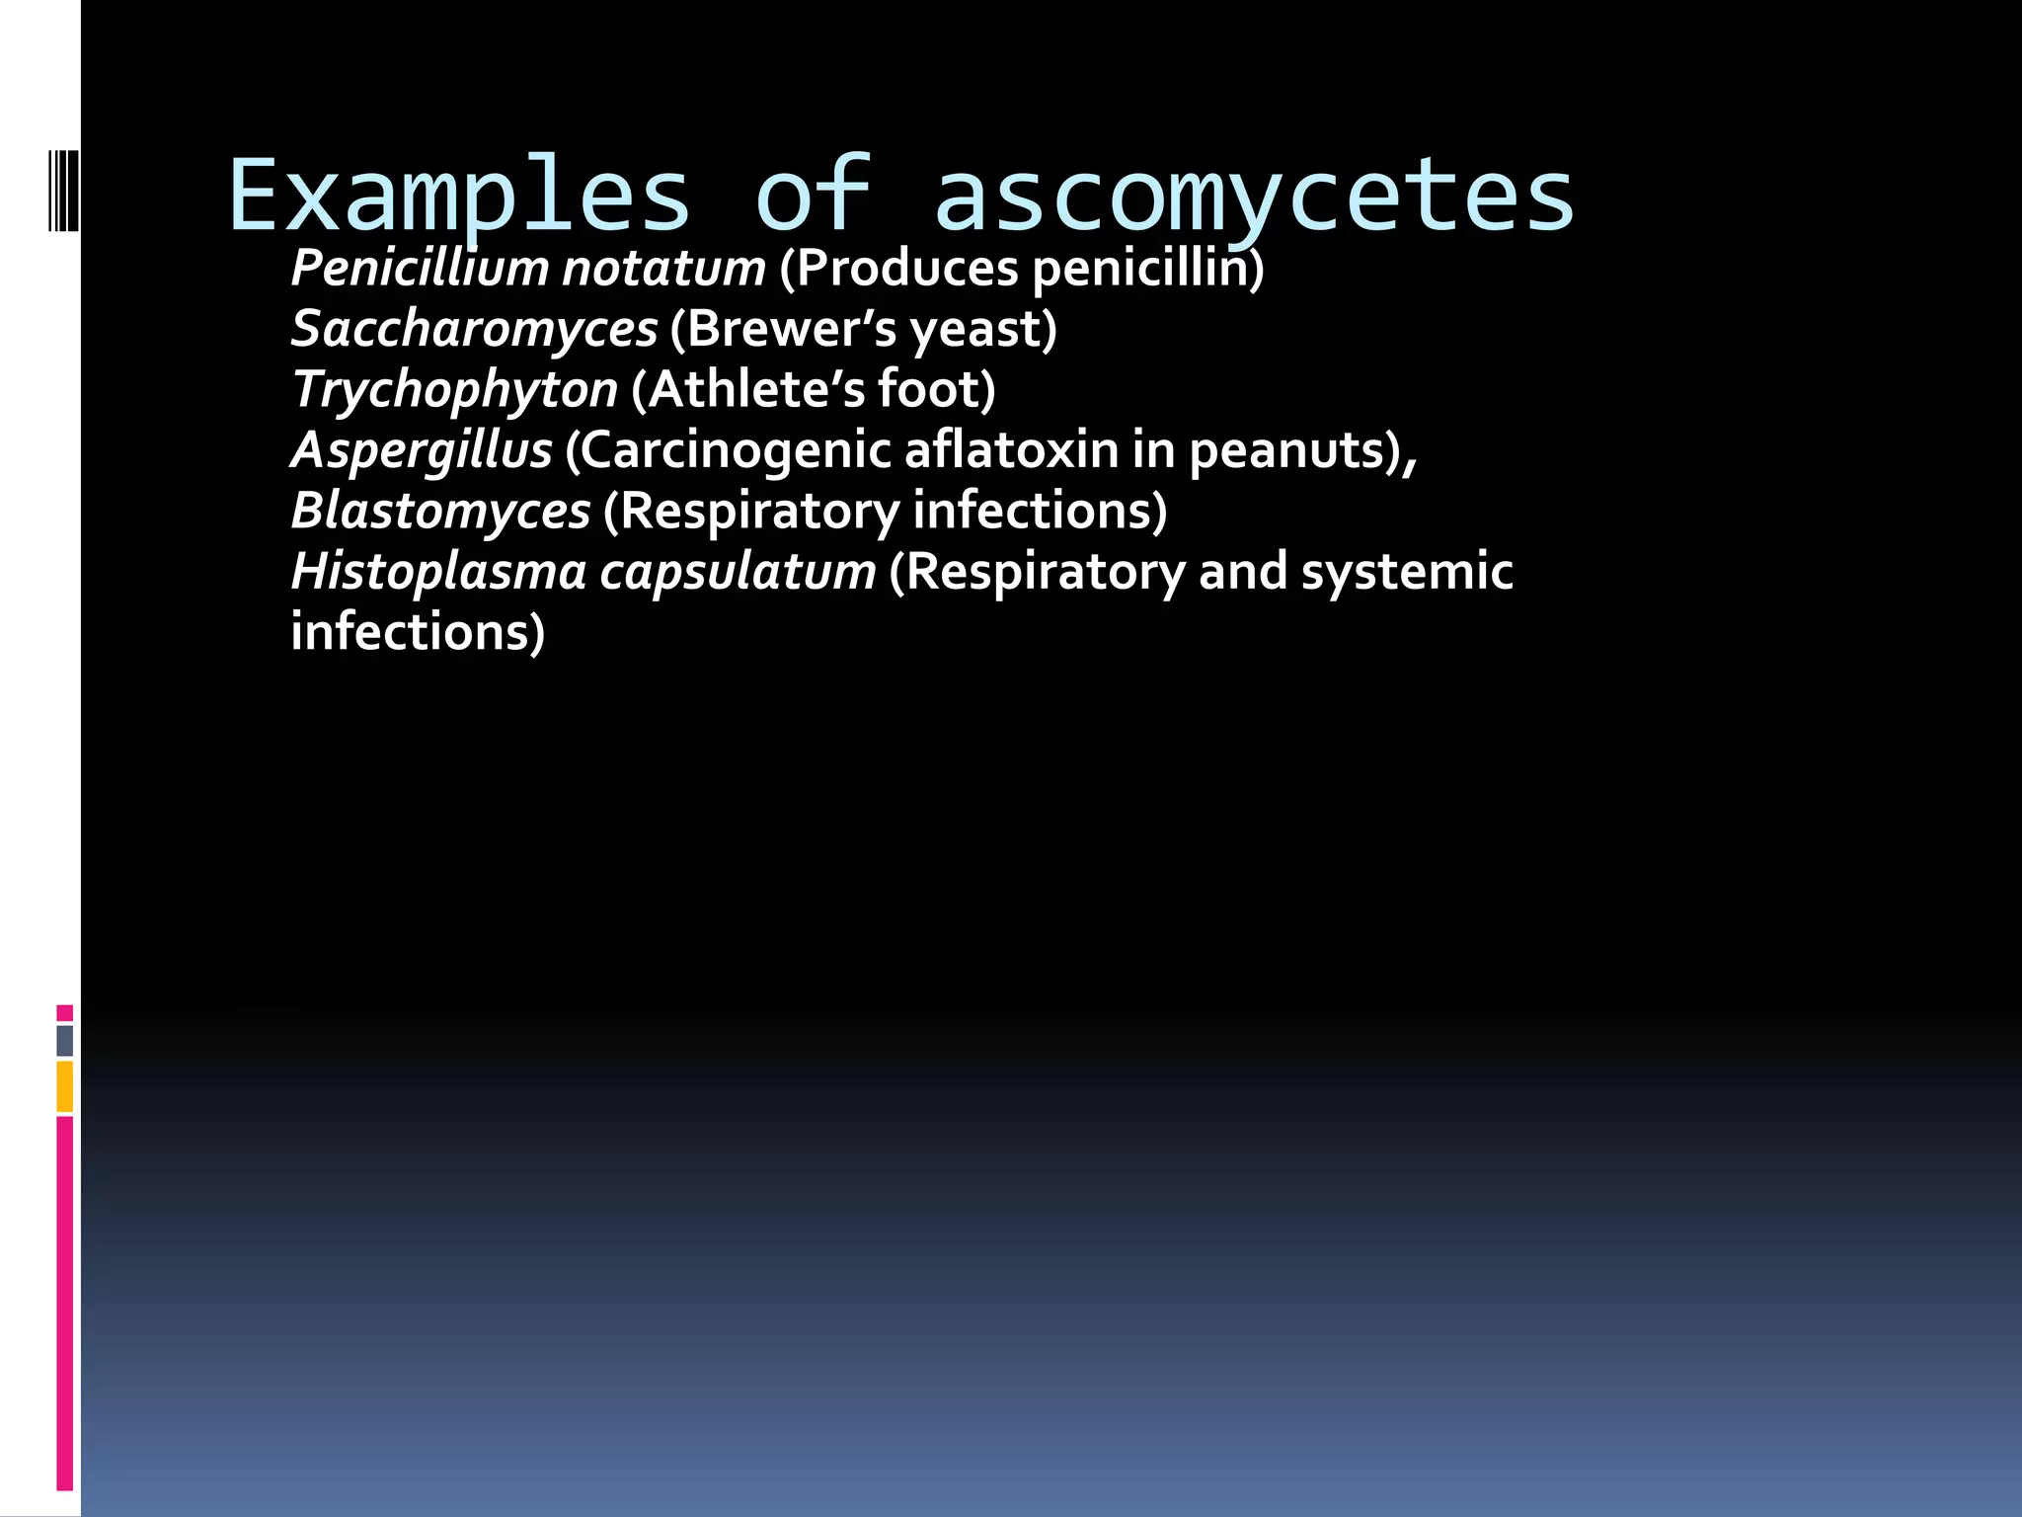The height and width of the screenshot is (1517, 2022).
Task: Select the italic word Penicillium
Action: click(x=420, y=269)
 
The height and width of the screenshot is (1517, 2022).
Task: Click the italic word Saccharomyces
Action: click(x=474, y=329)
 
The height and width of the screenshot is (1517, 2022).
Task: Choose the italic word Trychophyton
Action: click(x=455, y=390)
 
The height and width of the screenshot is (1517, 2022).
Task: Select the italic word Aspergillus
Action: click(x=422, y=450)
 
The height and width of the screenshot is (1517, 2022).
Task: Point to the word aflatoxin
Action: click(x=1011, y=450)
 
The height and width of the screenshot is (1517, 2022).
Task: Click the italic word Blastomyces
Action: click(x=440, y=512)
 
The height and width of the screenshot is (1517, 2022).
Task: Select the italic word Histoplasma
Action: click(x=438, y=572)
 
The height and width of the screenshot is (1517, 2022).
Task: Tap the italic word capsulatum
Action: click(x=738, y=573)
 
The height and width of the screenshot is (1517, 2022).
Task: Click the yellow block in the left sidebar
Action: click(x=65, y=1086)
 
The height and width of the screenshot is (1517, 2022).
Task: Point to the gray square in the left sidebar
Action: click(x=65, y=1040)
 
